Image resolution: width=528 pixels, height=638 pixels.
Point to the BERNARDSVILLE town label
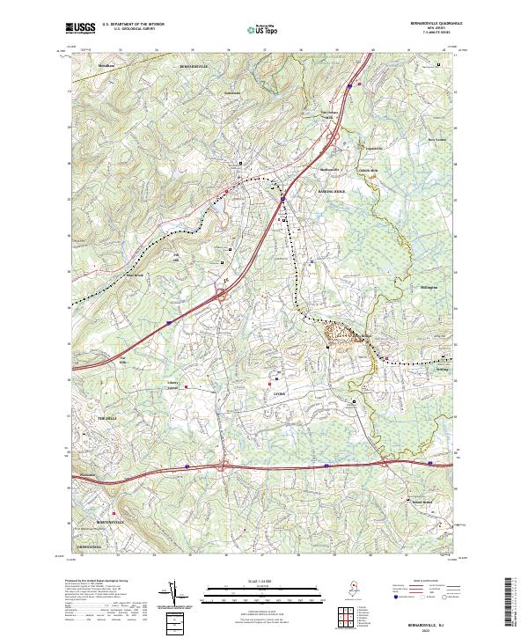(x=196, y=66)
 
